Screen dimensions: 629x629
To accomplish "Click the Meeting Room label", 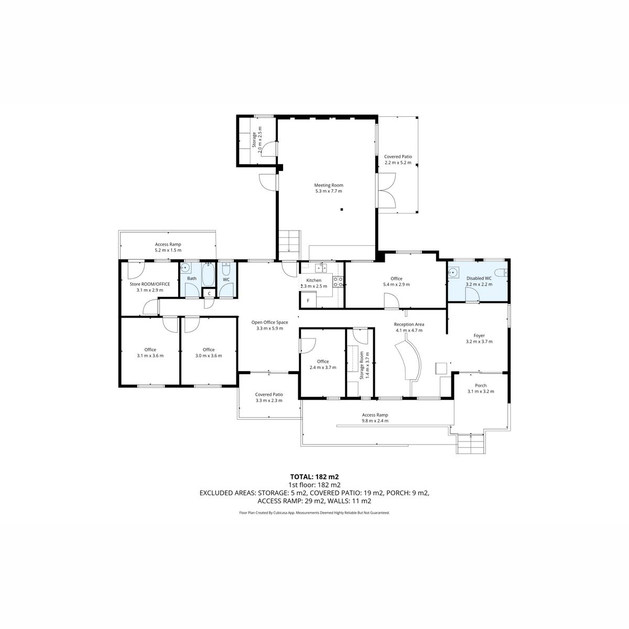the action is coord(328,185).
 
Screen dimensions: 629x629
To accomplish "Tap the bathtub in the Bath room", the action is coord(208,275).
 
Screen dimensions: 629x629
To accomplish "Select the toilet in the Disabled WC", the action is coord(501,272).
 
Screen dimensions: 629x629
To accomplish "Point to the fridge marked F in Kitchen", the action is coord(308,300).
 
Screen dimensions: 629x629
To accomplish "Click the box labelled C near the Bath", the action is coord(209,294).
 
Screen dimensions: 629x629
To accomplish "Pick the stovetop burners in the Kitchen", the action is coord(338,282).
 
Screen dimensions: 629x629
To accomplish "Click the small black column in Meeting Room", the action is coord(342,209).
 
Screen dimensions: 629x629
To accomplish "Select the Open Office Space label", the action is coord(269,322).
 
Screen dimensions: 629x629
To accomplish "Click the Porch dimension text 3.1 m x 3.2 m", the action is coord(481,392).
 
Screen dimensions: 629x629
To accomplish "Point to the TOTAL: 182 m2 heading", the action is coord(314,477).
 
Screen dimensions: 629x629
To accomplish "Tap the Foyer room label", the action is coord(479,335).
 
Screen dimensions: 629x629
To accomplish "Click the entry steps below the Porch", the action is coord(470,444).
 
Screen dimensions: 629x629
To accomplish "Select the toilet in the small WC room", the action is coord(226,269).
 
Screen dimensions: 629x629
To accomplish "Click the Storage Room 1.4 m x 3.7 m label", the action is coord(365,365).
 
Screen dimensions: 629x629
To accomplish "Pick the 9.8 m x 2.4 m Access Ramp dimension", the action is coord(375,421).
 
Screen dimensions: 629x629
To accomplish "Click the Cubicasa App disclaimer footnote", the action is coord(314,513).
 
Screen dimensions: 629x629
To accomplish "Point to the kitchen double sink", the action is coord(321,268).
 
